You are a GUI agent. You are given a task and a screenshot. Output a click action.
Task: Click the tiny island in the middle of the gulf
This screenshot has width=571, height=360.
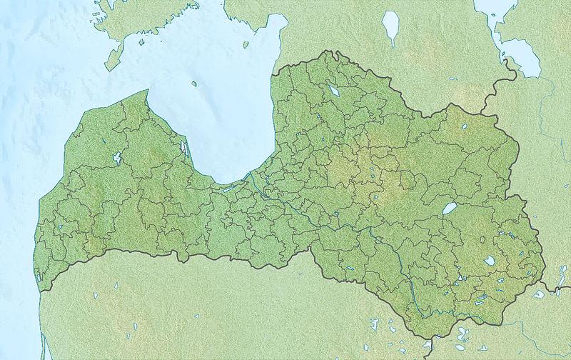pyautogui.click(x=194, y=84)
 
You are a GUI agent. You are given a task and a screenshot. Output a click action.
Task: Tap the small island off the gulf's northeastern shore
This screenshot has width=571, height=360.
pyautogui.click(x=245, y=45)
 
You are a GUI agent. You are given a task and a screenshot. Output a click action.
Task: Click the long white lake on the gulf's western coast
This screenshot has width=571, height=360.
pyautogui.click(x=184, y=149)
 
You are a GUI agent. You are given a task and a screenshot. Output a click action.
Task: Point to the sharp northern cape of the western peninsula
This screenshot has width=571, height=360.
pyautogui.click(x=148, y=91)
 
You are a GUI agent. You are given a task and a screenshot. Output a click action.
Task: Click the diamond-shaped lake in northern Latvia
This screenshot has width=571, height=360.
pyautogui.click(x=334, y=91)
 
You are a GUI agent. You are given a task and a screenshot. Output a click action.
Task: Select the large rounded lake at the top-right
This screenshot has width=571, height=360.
pyautogui.click(x=521, y=57)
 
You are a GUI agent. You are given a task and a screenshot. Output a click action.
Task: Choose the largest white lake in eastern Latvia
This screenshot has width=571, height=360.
pyautogui.click(x=450, y=209)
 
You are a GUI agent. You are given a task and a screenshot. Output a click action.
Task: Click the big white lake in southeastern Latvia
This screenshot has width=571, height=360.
pyautogui.click(x=490, y=261)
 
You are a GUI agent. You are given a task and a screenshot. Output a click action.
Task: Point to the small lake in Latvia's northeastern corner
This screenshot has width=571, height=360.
pyautogui.click(x=465, y=126)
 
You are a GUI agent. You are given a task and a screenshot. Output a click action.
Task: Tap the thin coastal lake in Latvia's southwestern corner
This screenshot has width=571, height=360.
pyautogui.click(x=38, y=275)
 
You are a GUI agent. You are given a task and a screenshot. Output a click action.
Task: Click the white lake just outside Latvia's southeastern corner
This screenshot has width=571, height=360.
pyautogui.click(x=540, y=293)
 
